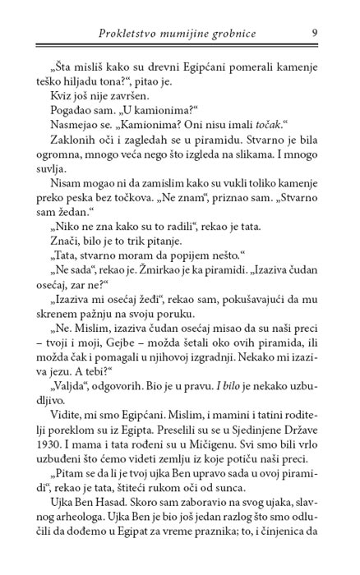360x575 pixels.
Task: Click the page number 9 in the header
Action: pos(316,32)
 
